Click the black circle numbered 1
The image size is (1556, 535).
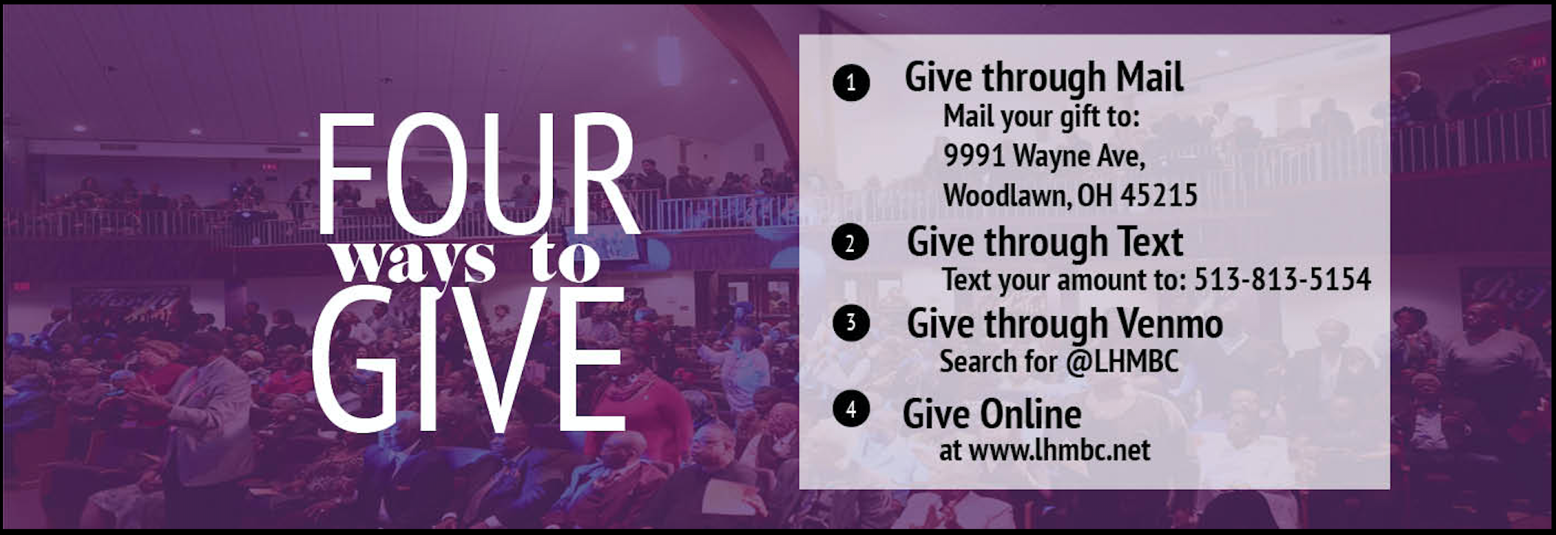pyautogui.click(x=851, y=83)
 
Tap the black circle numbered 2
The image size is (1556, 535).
pyautogui.click(x=850, y=243)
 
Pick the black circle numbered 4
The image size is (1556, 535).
pyautogui.click(x=851, y=409)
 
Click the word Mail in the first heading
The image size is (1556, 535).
pyautogui.click(x=1150, y=77)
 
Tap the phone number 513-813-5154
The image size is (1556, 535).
pyautogui.click(x=1282, y=279)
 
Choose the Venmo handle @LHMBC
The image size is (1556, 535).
pyautogui.click(x=1121, y=362)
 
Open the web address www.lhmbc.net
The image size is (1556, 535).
pyautogui.click(x=1059, y=450)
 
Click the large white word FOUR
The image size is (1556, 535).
pyautogui.click(x=477, y=175)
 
